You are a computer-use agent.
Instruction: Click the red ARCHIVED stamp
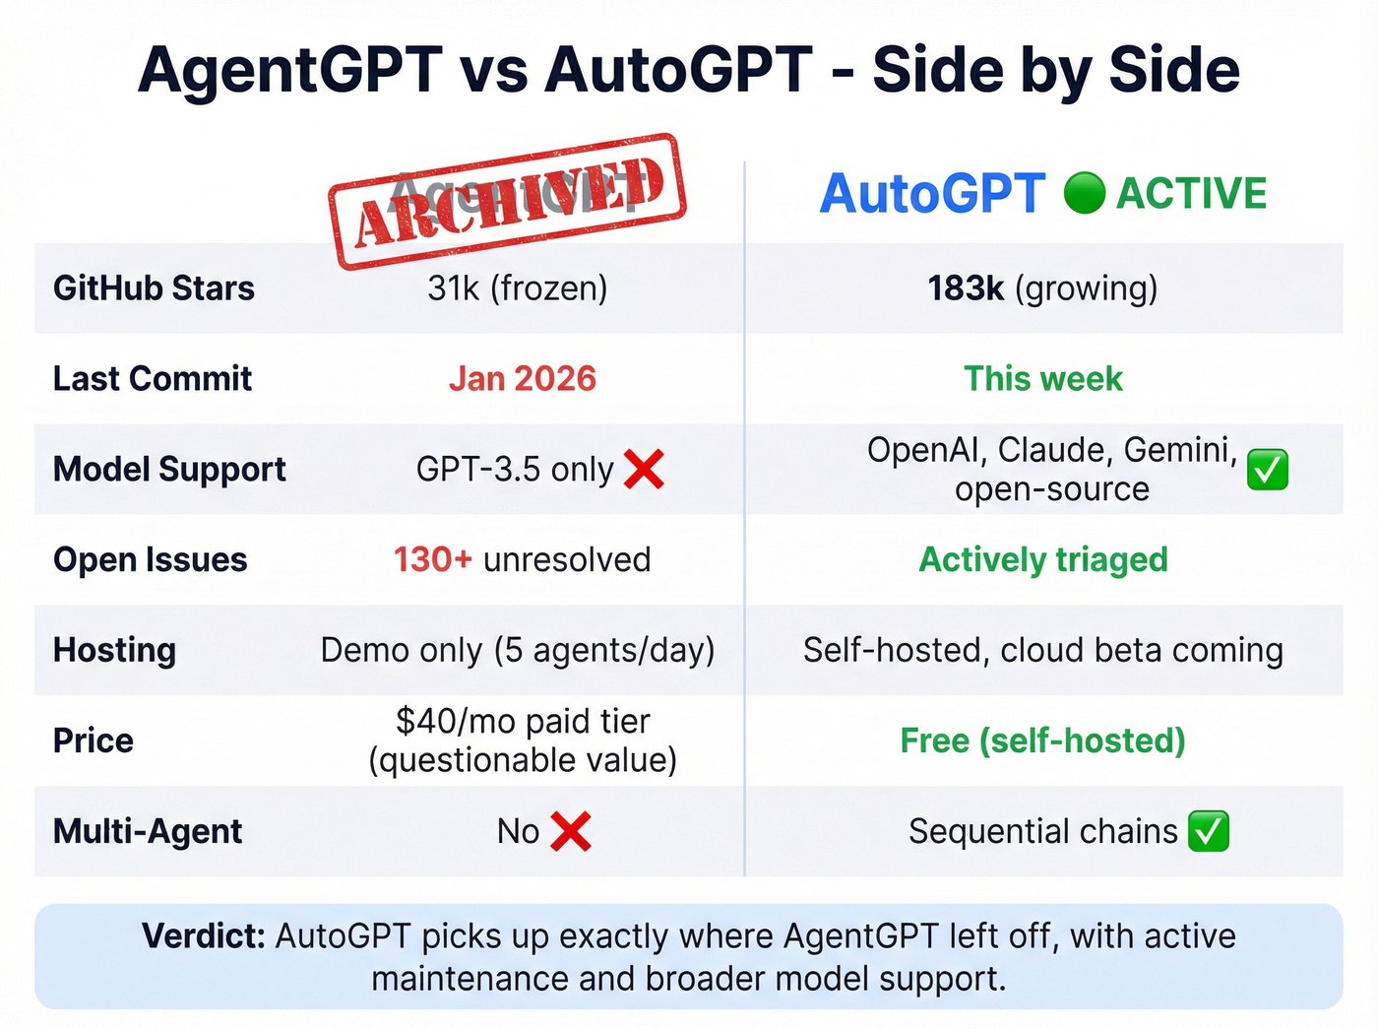(507, 202)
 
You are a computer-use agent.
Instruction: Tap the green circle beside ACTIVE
(1085, 193)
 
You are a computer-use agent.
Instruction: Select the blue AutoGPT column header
(932, 193)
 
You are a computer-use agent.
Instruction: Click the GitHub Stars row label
(154, 289)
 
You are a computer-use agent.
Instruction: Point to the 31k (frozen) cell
(518, 289)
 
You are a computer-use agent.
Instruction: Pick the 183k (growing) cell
(1042, 289)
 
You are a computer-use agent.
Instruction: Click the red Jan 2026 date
(523, 379)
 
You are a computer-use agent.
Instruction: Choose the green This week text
(1042, 379)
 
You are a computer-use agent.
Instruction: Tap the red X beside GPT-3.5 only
(645, 470)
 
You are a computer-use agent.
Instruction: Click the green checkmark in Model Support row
(1267, 470)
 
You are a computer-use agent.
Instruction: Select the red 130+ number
(433, 560)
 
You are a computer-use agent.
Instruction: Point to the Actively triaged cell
(1042, 560)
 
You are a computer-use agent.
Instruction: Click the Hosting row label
(115, 651)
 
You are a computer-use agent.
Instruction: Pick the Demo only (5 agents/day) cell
(518, 651)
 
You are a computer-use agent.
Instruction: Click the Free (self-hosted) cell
(1042, 741)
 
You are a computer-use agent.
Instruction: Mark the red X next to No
(571, 832)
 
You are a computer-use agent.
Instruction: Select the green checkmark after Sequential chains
(1208, 832)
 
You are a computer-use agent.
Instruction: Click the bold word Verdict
(204, 936)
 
